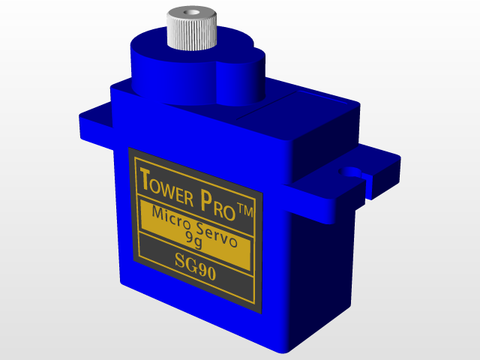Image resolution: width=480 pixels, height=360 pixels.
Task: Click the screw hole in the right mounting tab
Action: point(350,170)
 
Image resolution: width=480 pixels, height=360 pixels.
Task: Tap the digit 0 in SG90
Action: point(211,273)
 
